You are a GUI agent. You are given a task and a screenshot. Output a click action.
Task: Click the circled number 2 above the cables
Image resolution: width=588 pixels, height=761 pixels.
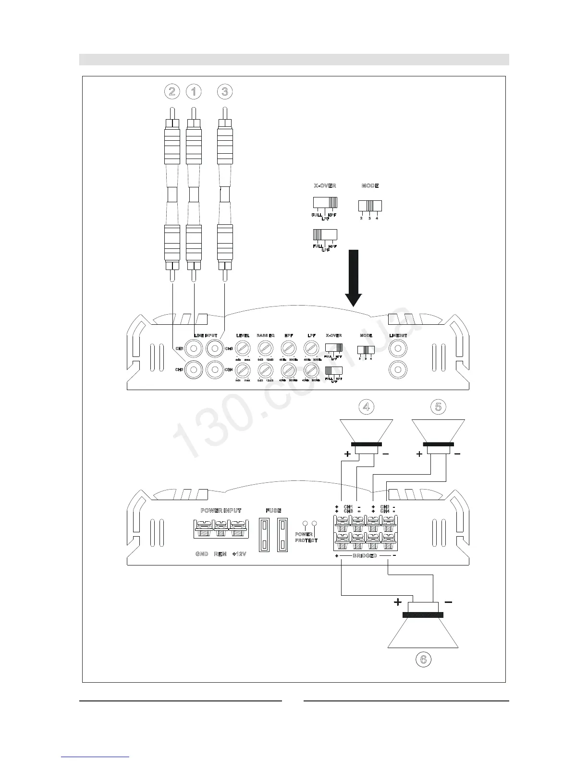point(171,91)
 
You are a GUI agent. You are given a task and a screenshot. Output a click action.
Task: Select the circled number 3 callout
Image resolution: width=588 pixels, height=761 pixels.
point(224,91)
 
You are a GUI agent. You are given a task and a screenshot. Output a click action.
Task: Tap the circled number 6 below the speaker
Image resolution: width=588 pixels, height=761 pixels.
point(423,659)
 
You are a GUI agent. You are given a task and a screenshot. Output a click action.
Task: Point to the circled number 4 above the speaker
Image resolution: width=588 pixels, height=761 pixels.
point(367,407)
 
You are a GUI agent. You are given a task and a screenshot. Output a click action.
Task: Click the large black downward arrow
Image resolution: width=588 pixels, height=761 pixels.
point(355,277)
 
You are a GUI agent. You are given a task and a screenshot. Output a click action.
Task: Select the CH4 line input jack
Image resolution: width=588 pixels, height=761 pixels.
point(214,369)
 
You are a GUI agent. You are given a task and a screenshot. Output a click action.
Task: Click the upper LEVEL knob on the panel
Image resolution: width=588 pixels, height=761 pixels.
point(243,348)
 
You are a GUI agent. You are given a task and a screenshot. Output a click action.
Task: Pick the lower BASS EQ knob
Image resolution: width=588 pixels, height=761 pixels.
point(265,369)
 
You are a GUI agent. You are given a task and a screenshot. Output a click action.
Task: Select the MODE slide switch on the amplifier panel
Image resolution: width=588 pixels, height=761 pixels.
point(365,350)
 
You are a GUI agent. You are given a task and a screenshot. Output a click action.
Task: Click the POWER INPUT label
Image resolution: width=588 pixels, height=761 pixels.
point(220,510)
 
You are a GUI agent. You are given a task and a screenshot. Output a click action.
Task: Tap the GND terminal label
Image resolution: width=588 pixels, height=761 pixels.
point(202,554)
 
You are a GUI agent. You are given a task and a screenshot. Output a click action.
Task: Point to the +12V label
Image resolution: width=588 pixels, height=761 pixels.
point(239,554)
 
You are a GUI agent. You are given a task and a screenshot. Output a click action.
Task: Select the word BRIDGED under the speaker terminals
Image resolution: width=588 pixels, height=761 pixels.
point(365,556)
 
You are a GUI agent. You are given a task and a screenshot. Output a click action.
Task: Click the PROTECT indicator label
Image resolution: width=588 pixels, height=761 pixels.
point(306,540)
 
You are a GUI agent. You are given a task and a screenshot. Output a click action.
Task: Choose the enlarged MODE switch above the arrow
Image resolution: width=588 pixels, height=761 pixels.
point(369,206)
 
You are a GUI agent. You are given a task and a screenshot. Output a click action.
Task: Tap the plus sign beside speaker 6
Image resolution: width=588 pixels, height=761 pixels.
point(398,601)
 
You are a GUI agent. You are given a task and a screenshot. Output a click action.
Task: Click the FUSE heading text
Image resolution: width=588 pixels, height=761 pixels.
point(273,510)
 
